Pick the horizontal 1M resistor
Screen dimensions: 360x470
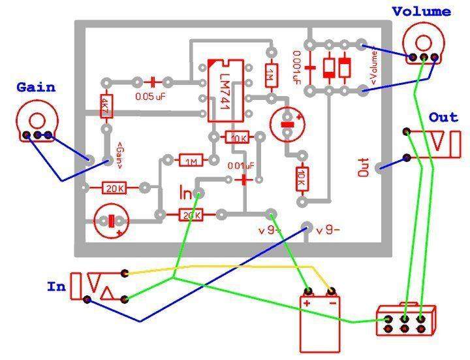[191, 160]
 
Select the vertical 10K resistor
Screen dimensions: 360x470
[302, 176]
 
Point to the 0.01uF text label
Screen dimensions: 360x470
[240, 165]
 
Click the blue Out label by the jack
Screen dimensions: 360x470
[444, 118]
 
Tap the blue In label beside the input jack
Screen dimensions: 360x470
[55, 286]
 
